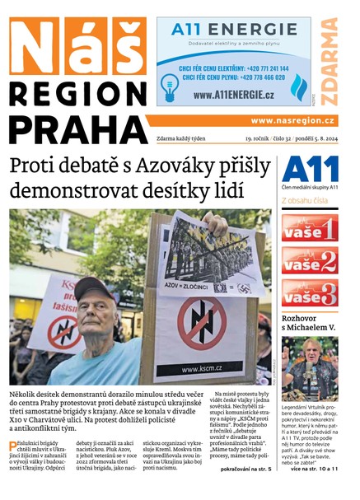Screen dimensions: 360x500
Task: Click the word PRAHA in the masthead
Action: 79,129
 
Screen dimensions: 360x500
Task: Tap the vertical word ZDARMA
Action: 330,62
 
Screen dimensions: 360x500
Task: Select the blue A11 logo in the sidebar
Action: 310,169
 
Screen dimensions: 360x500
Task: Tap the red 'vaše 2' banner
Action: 310,260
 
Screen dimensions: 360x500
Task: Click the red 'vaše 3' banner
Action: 310,292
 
